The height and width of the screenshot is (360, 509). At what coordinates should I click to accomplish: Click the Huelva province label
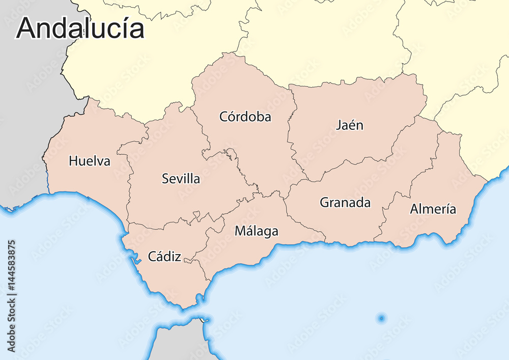tap(90, 161)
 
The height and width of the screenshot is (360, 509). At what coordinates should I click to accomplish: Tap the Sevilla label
tap(181, 179)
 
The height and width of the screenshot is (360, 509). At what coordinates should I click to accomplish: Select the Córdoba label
tap(245, 117)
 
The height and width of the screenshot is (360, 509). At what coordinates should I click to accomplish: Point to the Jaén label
tap(350, 125)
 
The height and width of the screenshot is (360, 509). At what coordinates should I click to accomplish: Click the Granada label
tap(345, 203)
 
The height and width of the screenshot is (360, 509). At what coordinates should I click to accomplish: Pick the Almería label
tap(433, 209)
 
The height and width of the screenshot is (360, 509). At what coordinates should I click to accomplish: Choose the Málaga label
tap(257, 231)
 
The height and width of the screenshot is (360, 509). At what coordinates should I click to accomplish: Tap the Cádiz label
tap(164, 257)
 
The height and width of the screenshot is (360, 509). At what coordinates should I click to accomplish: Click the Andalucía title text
tap(80, 28)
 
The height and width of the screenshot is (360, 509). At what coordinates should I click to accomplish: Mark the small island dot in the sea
tap(381, 319)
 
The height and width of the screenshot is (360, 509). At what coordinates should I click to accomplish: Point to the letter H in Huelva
tap(73, 161)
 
